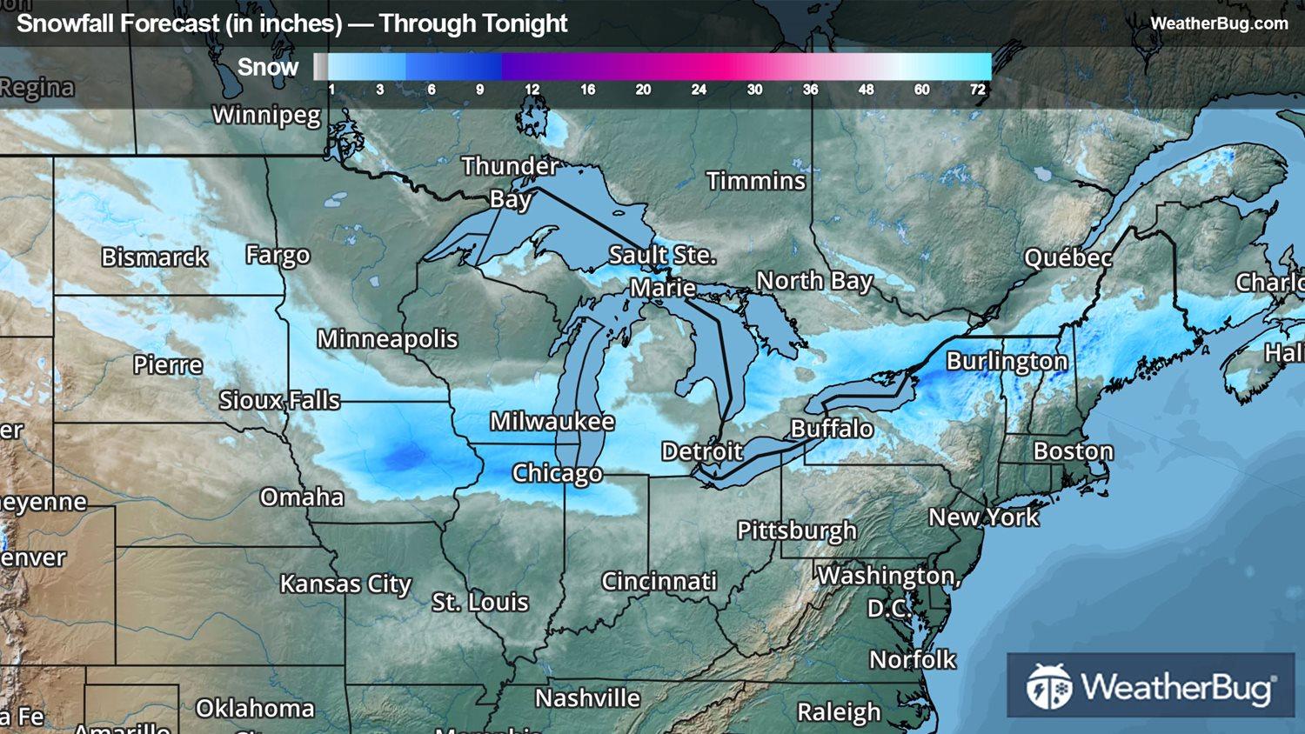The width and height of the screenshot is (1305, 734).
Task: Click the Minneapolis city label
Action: (x=387, y=338)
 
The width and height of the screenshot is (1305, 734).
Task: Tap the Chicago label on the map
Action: (x=557, y=473)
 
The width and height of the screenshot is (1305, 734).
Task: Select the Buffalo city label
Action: (x=832, y=428)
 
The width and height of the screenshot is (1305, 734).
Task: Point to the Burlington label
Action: (x=1007, y=361)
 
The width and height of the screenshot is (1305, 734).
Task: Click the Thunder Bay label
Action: (x=510, y=182)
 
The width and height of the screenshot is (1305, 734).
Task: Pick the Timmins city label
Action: (x=756, y=181)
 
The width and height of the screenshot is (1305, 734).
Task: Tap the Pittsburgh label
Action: (x=797, y=530)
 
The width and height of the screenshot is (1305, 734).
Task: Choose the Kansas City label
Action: (x=345, y=584)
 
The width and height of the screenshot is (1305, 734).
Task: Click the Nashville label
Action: (x=587, y=698)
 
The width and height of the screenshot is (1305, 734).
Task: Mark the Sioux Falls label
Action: (x=279, y=400)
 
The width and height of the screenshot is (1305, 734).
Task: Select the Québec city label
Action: (x=1067, y=258)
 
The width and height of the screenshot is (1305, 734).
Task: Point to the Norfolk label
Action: (x=913, y=660)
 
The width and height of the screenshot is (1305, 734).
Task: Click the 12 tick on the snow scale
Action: (x=532, y=90)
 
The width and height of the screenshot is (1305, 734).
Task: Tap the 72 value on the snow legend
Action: (x=978, y=90)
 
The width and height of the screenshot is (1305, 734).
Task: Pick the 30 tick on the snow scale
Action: (x=754, y=90)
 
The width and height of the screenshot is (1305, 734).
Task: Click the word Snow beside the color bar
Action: (x=268, y=67)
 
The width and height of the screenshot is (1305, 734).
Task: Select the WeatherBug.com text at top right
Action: (x=1219, y=23)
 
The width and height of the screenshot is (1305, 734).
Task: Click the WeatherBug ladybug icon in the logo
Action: (x=1048, y=687)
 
